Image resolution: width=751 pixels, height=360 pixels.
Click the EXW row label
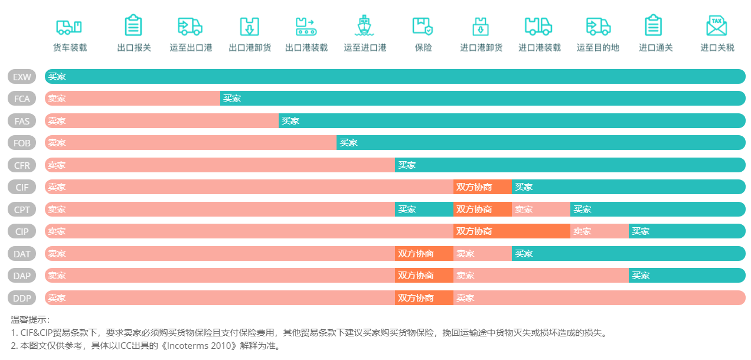tap(22, 77)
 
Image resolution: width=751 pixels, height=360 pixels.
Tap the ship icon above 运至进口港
tap(364, 27)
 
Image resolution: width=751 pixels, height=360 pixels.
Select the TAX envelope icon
tap(716, 26)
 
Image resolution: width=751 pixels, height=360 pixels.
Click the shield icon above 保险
tap(423, 27)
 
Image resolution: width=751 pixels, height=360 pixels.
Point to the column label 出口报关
tap(134, 48)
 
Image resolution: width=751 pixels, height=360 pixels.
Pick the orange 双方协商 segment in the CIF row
tap(482, 187)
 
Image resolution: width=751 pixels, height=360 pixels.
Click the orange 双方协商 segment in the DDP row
tap(424, 298)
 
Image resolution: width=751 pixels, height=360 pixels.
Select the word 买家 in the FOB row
tap(348, 143)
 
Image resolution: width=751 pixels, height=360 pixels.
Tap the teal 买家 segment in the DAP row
tap(687, 276)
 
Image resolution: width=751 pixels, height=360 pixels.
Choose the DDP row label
tap(22, 298)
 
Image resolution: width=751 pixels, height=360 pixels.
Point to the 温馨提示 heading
tap(31, 320)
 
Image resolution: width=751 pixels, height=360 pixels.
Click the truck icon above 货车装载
tap(69, 27)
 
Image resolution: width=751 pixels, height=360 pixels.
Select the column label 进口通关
tap(655, 48)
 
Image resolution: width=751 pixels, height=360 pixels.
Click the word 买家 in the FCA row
tap(232, 99)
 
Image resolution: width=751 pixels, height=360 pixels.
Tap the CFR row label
tap(22, 165)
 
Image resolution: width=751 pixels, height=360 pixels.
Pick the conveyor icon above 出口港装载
tap(306, 27)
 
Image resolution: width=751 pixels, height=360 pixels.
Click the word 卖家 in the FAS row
tap(57, 121)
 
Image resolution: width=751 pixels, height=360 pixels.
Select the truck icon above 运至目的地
tap(597, 27)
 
